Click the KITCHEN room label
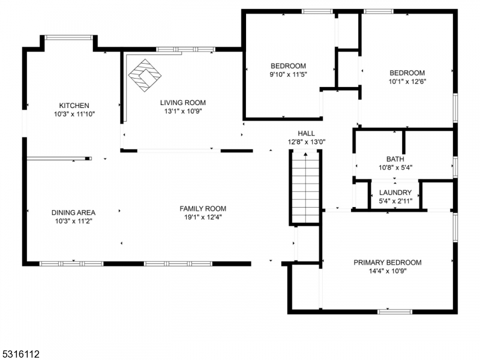click(74, 106)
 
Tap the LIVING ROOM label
click(183, 103)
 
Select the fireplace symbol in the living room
click(145, 76)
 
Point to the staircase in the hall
click(305, 188)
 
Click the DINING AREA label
click(73, 212)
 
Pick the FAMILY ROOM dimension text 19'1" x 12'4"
click(203, 217)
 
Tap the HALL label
click(307, 133)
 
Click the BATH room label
click(395, 159)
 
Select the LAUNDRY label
click(395, 193)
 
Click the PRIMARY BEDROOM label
click(388, 263)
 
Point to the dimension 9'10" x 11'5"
click(288, 74)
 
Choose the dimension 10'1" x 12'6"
click(407, 82)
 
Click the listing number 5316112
click(20, 354)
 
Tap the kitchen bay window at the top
click(68, 38)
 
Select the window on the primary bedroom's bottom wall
click(395, 311)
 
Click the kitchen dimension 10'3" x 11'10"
click(74, 114)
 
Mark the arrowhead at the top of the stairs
click(305, 154)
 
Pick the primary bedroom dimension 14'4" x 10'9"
click(388, 271)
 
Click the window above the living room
click(186, 49)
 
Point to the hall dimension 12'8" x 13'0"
click(307, 142)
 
